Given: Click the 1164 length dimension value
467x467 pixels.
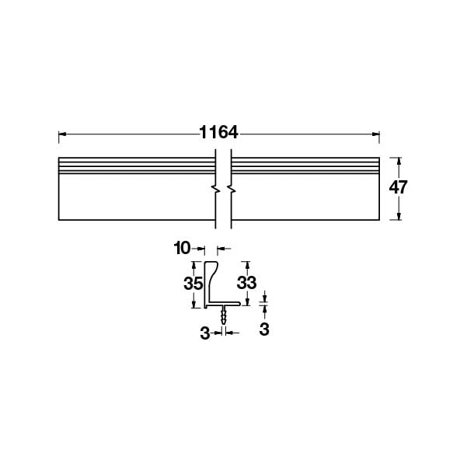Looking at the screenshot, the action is point(218,132).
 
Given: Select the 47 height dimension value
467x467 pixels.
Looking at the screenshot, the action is point(398,187).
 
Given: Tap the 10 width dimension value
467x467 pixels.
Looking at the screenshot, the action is point(182,248).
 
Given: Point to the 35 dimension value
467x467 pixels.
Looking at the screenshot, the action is point(193,284).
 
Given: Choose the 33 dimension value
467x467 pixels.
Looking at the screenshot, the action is point(246,282).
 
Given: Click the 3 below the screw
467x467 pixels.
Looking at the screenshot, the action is point(205,333).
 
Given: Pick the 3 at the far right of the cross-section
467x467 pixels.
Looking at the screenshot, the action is point(264,329).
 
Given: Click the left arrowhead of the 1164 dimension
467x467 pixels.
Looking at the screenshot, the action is point(62,134).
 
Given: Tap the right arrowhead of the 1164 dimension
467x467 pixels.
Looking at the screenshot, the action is point(376,134).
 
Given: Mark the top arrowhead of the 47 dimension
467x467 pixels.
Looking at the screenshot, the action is point(399,161).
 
